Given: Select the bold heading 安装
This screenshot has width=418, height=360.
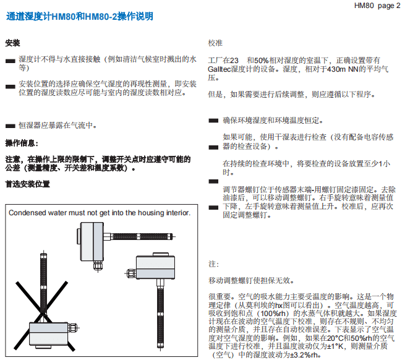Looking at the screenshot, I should (12, 43).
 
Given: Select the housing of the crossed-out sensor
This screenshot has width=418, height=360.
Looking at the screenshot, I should (46, 328).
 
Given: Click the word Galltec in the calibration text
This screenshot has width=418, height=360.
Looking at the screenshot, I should (220, 70).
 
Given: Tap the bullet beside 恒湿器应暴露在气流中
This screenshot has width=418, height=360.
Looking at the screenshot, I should (11, 125).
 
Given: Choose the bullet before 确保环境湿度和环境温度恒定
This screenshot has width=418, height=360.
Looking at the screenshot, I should (213, 121).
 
